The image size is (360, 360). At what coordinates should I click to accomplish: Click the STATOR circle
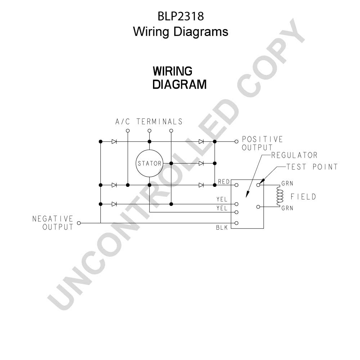[x=149, y=150]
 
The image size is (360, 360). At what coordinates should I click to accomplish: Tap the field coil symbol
[x=280, y=196]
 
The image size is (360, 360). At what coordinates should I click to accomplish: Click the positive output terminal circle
[x=237, y=141]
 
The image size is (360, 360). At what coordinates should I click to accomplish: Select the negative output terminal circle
[x=79, y=223]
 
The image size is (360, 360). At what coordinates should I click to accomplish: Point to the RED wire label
[x=224, y=181]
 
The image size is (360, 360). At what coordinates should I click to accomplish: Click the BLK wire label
[x=222, y=228]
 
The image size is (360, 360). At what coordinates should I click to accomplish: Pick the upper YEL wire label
[x=222, y=199]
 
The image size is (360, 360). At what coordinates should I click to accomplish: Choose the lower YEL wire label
[x=222, y=208]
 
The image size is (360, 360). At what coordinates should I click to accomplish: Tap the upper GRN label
[x=287, y=184]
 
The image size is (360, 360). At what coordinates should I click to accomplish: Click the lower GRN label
[x=287, y=208]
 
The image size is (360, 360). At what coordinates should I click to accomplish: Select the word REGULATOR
[x=294, y=155]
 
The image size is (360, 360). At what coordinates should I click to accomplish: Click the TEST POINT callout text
[x=312, y=167]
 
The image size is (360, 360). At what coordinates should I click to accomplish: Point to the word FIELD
[x=303, y=197]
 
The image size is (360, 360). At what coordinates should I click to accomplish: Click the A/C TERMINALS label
[x=149, y=121]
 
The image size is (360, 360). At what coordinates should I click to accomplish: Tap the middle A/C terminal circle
[x=149, y=131]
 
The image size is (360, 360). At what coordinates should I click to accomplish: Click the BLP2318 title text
[x=181, y=16]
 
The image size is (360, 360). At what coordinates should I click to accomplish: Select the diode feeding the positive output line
[x=201, y=141]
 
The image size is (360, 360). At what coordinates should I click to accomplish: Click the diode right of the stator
[x=201, y=163]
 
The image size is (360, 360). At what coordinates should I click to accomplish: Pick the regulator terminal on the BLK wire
[x=237, y=223]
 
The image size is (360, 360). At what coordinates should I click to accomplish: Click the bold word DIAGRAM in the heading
[x=180, y=84]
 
